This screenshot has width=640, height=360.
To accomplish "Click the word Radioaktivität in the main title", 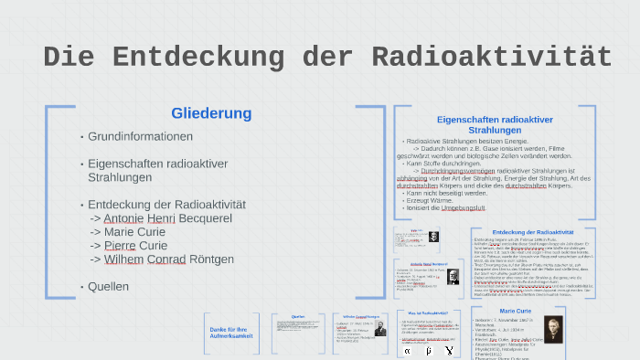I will pos(491,57).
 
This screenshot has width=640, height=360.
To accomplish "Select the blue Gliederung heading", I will pos(210,113).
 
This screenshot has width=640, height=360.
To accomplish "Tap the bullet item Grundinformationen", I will pos(140,136).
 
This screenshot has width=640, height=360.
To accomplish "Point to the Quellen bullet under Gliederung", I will pos(108,286).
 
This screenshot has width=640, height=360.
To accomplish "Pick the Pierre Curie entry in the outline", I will pos(135,246).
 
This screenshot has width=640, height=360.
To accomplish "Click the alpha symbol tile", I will pos(409,350).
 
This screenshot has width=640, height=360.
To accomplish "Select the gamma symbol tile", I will pos(449,350).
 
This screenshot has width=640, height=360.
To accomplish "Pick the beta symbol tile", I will pos(429,350).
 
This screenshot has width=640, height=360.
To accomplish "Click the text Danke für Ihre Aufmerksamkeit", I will pos(229,333).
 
